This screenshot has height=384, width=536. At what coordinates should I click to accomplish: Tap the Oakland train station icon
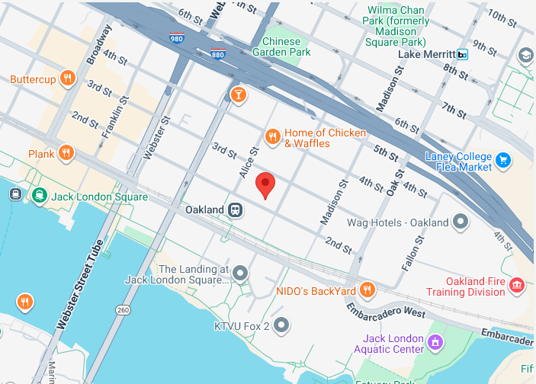coord(237,210)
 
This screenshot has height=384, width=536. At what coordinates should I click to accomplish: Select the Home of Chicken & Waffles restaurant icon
coord(272,137)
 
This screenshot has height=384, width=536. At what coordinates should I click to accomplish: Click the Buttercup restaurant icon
coord(68,78)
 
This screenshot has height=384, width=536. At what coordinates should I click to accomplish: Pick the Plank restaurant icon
coord(66,153)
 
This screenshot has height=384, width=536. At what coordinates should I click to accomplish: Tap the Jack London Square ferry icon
coord(38,196)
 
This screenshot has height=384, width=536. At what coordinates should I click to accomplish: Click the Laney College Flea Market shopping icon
coord(502,160)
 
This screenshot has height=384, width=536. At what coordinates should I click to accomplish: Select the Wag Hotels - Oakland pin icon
coord(460,222)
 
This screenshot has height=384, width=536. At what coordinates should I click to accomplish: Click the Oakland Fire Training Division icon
coord(517,286)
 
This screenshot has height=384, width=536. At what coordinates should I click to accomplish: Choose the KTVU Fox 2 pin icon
coord(282,326)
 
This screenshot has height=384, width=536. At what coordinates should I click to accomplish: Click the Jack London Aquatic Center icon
coord(435,343)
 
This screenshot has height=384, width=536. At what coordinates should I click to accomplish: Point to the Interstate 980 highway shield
coord(176,38)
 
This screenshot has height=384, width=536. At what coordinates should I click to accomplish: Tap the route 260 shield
coord(124,310)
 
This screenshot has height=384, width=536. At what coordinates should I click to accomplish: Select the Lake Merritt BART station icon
coord(462,55)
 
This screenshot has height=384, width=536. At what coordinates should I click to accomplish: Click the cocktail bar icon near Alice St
coord(238,94)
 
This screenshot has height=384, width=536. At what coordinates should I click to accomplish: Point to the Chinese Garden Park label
coord(286,46)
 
